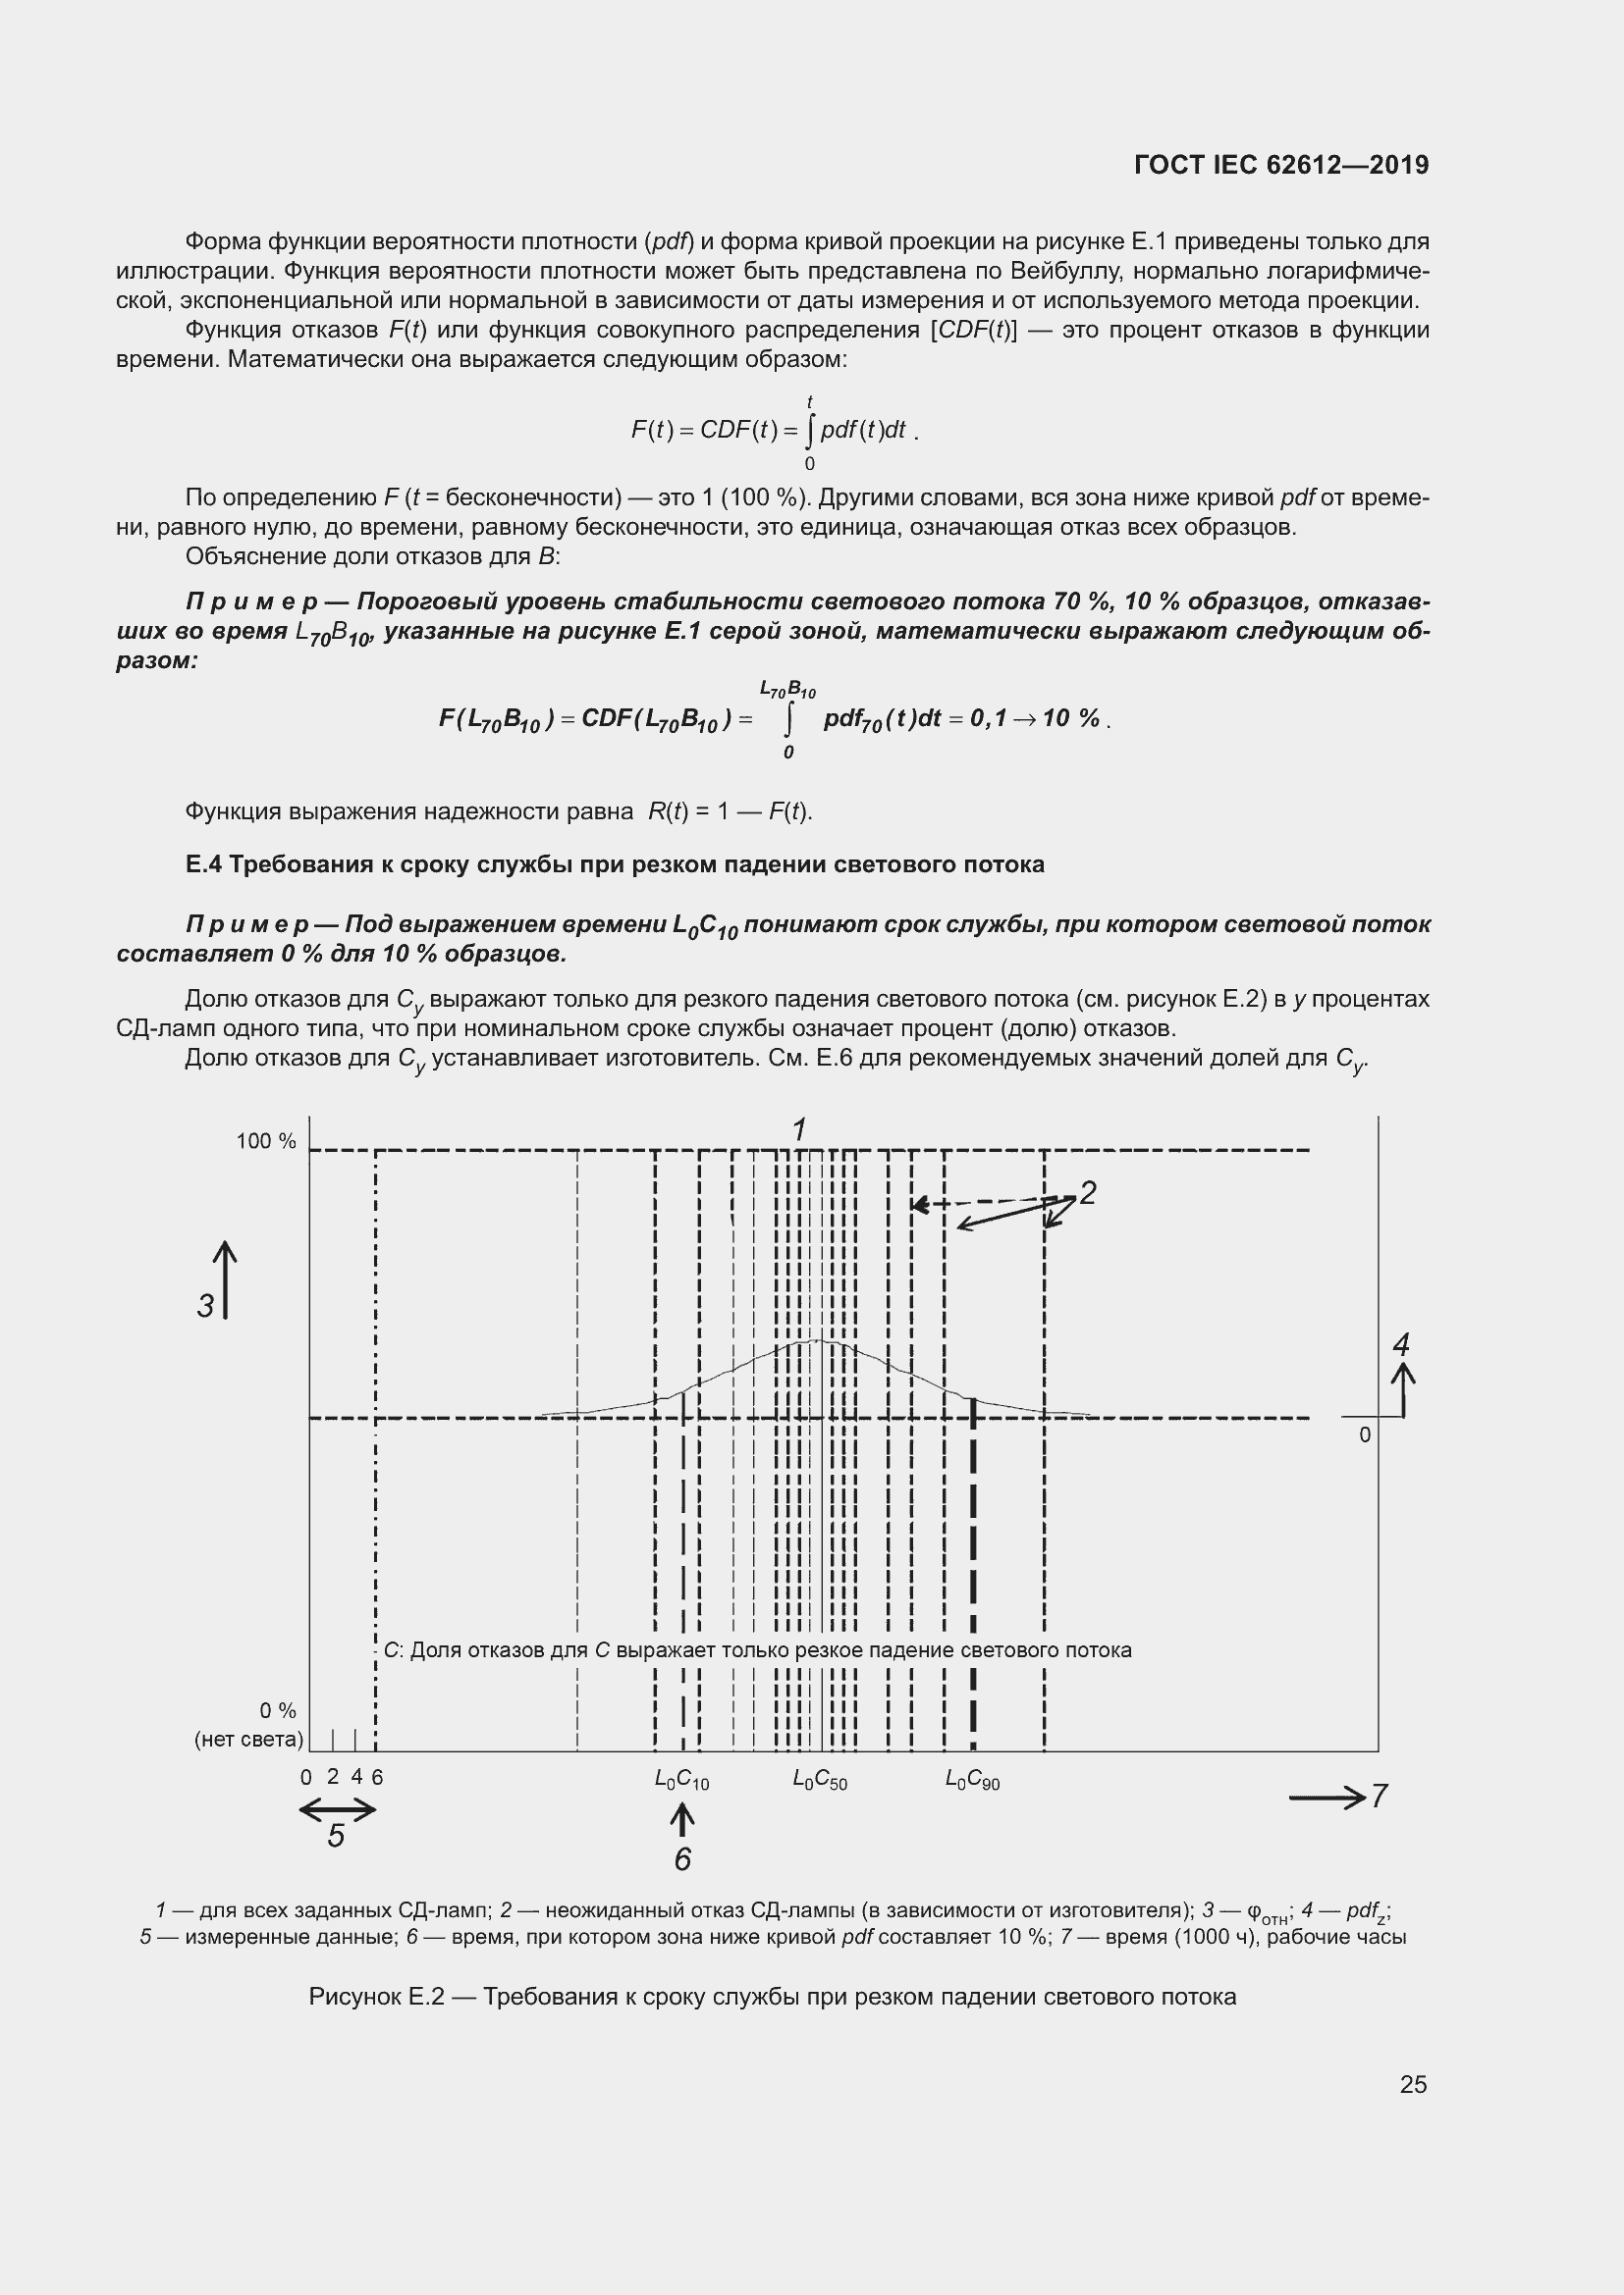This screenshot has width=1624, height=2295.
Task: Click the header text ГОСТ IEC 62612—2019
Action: (x=1281, y=165)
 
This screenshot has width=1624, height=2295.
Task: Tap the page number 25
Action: (x=1413, y=2084)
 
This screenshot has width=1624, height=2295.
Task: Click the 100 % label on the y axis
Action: (x=266, y=1141)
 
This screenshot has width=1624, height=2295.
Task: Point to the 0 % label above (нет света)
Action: (x=277, y=1710)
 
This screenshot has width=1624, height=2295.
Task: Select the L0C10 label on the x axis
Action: (x=682, y=1780)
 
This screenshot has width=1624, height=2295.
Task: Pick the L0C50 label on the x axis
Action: (x=820, y=1780)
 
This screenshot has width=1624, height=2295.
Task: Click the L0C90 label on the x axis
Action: (x=972, y=1780)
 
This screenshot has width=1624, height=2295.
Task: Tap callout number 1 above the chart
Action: (x=799, y=1129)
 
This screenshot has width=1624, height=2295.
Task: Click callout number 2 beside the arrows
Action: (x=1088, y=1192)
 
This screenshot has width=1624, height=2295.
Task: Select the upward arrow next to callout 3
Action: (x=225, y=1279)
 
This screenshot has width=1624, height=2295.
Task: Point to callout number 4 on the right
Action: (x=1401, y=1344)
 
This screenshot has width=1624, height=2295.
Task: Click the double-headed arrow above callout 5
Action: (x=337, y=1808)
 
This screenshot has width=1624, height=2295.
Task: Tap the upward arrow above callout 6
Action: (x=682, y=1819)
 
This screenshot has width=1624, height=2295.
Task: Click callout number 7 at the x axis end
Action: (x=1379, y=1797)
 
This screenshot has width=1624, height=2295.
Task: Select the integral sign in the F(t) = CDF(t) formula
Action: (x=809, y=431)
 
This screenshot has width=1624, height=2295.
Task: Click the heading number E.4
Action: (x=204, y=863)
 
